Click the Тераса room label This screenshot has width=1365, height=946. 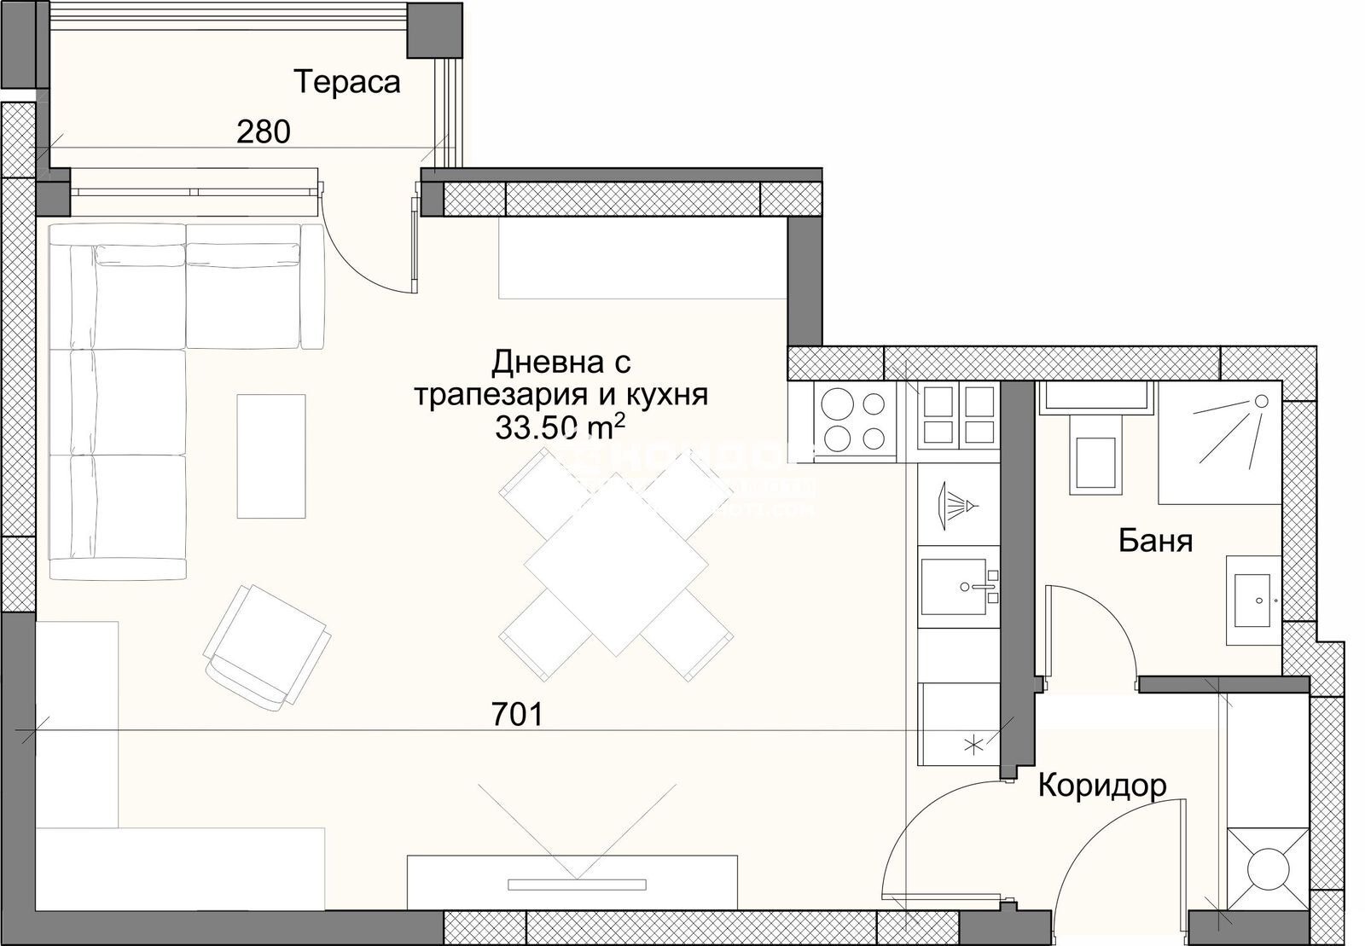tap(346, 82)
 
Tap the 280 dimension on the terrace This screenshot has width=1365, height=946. tap(264, 131)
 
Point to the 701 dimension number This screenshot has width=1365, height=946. tap(517, 715)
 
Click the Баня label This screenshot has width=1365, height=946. tap(1154, 540)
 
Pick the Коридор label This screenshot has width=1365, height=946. tap(1101, 785)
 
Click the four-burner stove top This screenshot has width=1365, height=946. tap(851, 420)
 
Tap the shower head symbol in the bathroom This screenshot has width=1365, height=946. tap(1259, 401)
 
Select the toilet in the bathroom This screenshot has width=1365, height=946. tap(1095, 454)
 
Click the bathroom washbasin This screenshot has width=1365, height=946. tap(1254, 599)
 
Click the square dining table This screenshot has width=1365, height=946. tap(616, 565)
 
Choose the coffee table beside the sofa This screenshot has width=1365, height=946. tap(270, 456)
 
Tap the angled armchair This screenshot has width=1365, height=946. tap(266, 647)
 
